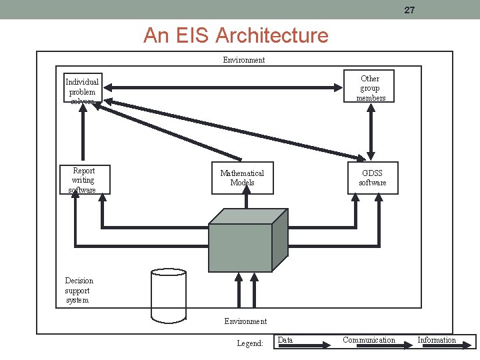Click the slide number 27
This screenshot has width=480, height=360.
409,10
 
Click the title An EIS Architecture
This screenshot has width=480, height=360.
235,35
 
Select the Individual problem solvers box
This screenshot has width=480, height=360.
83,89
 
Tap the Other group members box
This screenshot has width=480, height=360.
371,87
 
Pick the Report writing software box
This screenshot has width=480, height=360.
84,179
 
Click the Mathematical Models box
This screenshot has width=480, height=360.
242,178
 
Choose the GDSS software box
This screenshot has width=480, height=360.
373,178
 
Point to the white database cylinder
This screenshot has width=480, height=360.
168,293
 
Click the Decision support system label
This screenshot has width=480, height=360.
79,290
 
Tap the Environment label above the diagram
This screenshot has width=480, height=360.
243,60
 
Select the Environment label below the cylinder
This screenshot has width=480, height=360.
245,321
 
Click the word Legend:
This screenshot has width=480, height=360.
250,343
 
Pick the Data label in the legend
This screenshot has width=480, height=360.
285,340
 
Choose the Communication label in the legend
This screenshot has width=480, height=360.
369,340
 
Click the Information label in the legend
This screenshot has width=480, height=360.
437,340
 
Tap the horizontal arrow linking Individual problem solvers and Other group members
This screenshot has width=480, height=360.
224,87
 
